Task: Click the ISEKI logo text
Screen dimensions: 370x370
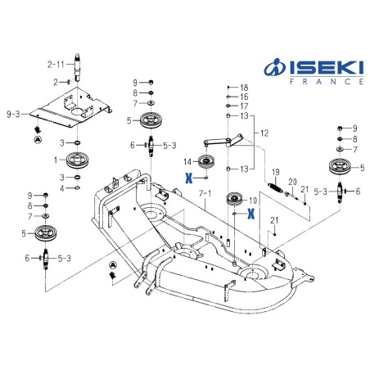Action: [327, 68]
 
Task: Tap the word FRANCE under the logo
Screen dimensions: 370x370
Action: [327, 82]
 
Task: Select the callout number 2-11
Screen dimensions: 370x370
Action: [56, 65]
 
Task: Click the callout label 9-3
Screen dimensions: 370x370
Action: [13, 114]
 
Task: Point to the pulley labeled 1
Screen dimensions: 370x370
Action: [78, 160]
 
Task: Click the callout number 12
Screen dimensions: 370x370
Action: [264, 133]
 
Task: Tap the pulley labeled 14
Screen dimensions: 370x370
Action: [206, 162]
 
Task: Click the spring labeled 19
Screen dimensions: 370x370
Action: [276, 187]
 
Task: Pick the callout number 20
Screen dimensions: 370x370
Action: [292, 182]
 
